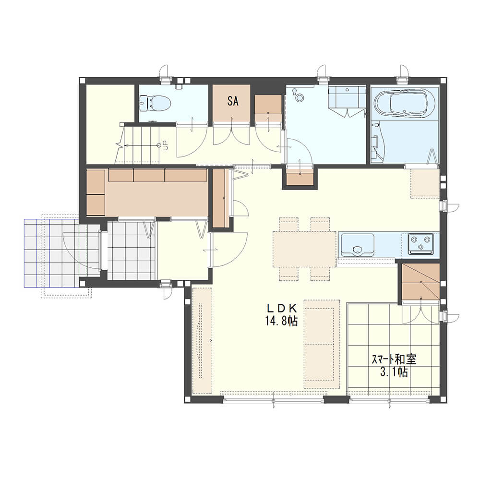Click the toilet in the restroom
click(155, 103)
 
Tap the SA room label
click(233, 101)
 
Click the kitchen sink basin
click(357, 245)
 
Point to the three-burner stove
click(420, 244)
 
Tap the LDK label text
click(282, 308)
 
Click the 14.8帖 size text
click(282, 321)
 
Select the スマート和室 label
click(394, 359)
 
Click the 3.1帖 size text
click(394, 372)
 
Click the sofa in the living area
click(322, 344)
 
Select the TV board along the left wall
click(202, 340)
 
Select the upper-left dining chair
click(288, 224)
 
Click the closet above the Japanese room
click(420, 282)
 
